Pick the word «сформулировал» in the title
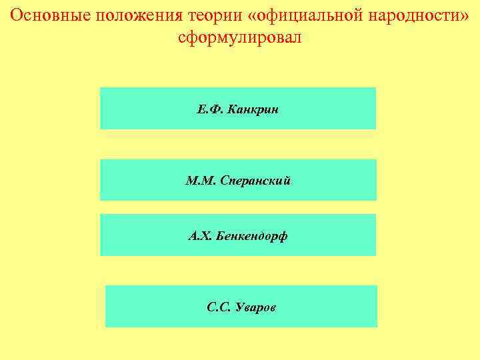pyautogui.click(x=240, y=38)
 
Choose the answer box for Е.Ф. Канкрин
pyautogui.click(x=238, y=108)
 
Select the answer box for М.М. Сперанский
pyautogui.click(x=238, y=180)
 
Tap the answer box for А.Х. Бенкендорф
pyautogui.click(x=238, y=235)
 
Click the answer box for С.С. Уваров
pyautogui.click(x=241, y=306)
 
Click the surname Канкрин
pyautogui.click(x=253, y=109)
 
